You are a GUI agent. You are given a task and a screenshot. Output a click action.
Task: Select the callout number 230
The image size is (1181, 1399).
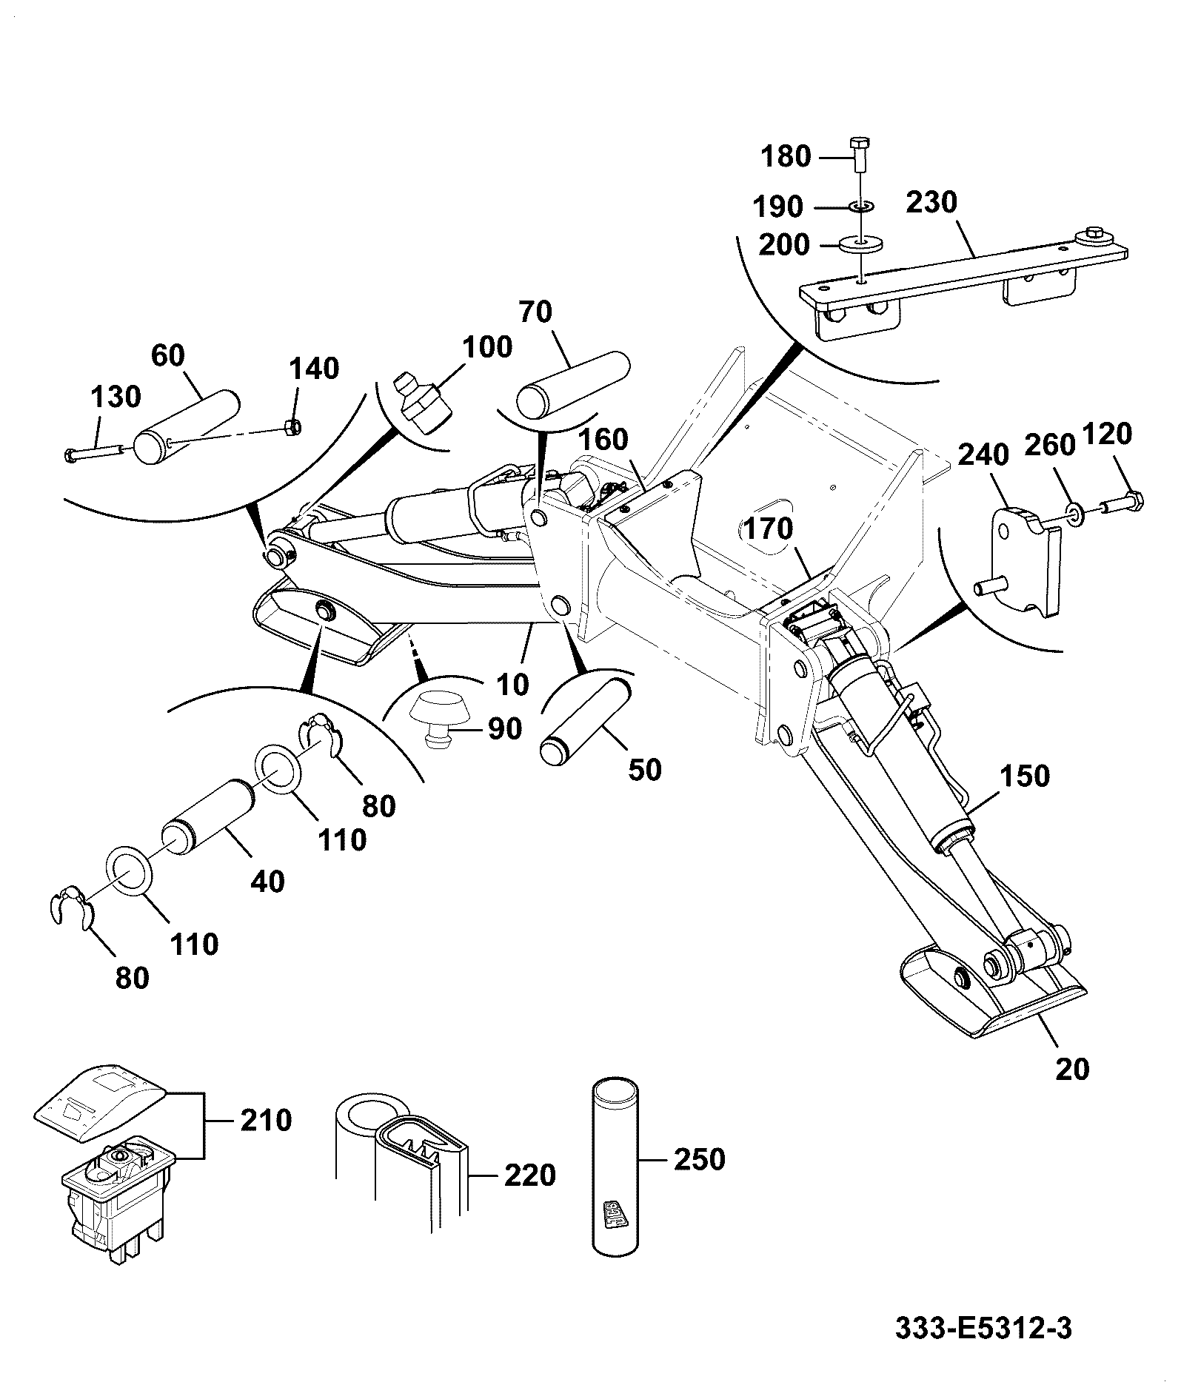pos(931,202)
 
